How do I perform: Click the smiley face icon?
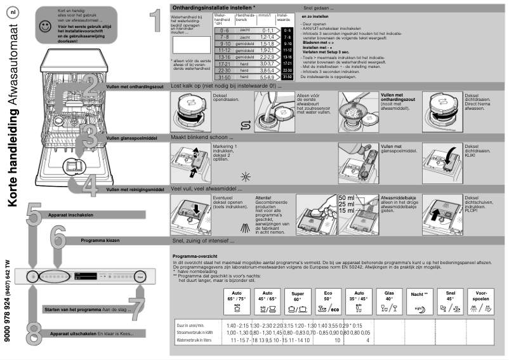pyautogui.click(x=44, y=27)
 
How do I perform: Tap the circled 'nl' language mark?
pyautogui.click(x=14, y=13)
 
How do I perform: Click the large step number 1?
pyautogui.click(x=155, y=20)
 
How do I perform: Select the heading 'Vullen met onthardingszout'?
pyautogui.click(x=135, y=86)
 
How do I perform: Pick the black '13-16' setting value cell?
pyautogui.click(x=288, y=56)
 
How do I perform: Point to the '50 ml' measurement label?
pyautogui.click(x=347, y=197)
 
